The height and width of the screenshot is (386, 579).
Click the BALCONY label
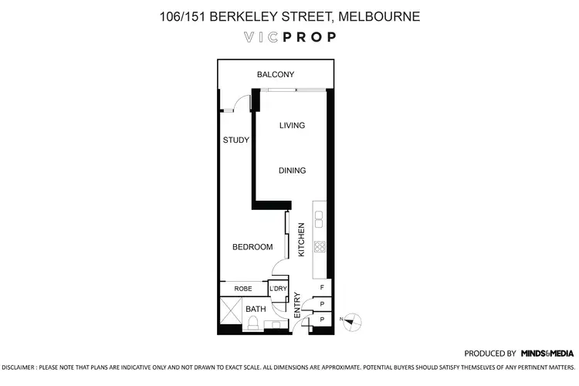276,75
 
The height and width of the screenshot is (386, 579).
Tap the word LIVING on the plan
292,126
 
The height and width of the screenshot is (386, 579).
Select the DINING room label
292,171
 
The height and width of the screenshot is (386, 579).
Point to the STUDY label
235,141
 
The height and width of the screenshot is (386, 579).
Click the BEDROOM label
253,247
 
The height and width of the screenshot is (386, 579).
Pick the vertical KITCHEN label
302,240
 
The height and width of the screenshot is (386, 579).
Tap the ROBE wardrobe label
243,289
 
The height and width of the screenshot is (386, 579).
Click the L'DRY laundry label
278,289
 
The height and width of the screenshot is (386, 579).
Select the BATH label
255,310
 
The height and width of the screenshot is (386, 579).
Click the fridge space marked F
322,289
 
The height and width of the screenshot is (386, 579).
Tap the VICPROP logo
289,37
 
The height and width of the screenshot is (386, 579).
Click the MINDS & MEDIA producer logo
547,352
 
